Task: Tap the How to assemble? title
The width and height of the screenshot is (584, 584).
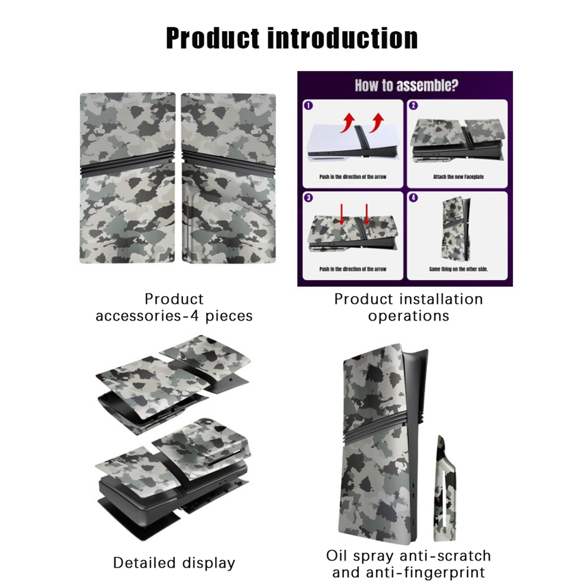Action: pos(406,85)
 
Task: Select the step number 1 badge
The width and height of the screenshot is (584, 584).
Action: pos(308,105)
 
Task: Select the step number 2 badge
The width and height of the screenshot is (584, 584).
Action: pos(413,105)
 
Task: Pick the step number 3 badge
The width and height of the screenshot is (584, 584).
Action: pos(308,198)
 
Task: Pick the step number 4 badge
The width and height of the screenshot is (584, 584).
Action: pos(413,198)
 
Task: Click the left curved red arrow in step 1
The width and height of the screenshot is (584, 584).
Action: pos(348,122)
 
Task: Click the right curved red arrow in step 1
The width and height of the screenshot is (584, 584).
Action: pos(376,123)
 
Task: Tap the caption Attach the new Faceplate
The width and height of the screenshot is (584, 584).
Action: pos(458,177)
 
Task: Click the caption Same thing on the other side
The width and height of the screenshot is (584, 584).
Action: pos(458,269)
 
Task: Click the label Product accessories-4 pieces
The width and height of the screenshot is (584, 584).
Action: pos(174,307)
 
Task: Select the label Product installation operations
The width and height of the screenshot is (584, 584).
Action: pos(408,307)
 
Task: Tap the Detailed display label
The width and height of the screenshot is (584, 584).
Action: pos(174,562)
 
